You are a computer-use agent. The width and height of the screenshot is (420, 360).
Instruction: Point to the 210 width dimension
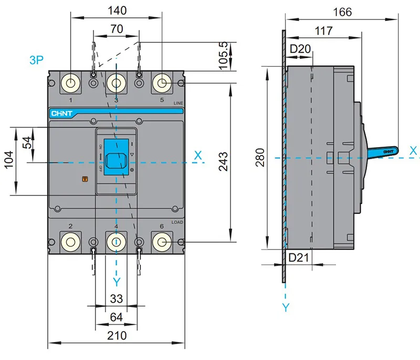pyautogui.click(x=116, y=336)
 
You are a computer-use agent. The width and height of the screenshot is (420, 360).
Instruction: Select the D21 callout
pyautogui.click(x=300, y=257)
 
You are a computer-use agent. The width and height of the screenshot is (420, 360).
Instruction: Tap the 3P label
pyautogui.click(x=36, y=60)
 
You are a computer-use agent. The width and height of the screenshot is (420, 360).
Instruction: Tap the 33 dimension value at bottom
pyautogui.click(x=116, y=299)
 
